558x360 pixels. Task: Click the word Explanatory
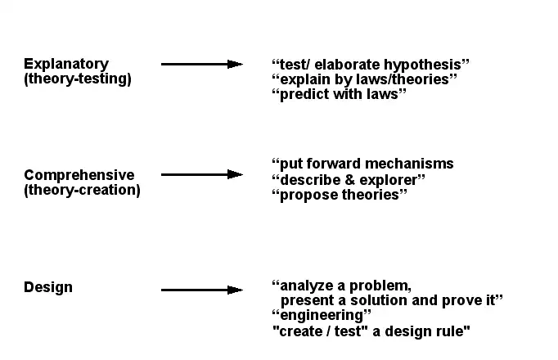66,64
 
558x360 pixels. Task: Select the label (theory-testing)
78,79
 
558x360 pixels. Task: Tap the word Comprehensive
79,175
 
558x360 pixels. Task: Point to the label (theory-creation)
82,190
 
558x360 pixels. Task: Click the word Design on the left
48,287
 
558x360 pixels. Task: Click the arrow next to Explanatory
202,64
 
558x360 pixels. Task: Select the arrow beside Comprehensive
202,174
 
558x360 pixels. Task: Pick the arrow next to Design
202,290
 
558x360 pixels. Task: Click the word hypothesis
425,64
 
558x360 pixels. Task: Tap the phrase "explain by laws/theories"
364,79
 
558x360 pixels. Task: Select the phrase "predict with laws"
339,94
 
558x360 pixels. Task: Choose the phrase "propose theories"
340,195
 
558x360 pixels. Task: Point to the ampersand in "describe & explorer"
348,179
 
